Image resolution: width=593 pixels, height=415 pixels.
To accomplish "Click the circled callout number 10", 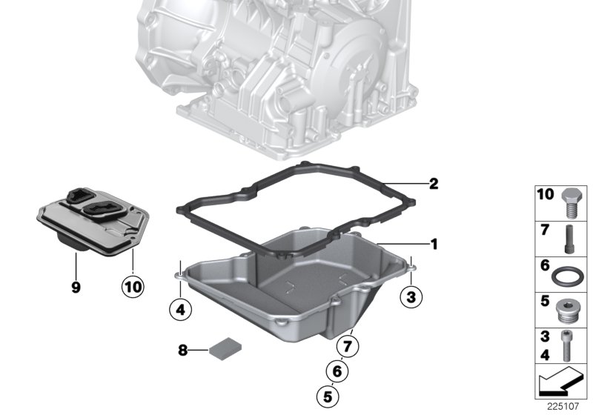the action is coord(133,287).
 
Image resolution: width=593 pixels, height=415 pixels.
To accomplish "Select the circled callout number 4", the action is coord(180,310).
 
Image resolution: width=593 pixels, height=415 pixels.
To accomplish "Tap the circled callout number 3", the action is coord(411,296).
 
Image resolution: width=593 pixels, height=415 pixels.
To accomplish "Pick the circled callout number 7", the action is coord(348,345).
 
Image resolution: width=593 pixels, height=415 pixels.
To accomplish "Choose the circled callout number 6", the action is coord(337,371).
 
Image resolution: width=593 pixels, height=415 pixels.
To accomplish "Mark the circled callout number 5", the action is coord(328,396).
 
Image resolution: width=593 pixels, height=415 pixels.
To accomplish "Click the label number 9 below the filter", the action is coord(76,288).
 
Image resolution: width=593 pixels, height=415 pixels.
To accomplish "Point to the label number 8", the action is coord(182,351).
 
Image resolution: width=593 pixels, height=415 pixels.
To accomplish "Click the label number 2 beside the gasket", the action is coord(434,184).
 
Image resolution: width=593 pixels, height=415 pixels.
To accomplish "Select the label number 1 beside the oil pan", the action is coord(434,244).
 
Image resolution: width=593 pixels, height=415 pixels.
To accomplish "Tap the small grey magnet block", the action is coord(226,348).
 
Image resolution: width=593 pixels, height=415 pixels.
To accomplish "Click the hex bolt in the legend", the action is coord(572,203).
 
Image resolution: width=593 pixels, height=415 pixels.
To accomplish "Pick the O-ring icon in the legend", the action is coord(567,276).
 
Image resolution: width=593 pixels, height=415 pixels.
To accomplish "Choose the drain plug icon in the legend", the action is coord(567,312).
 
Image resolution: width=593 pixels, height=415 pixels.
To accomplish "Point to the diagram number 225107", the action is coord(563,406).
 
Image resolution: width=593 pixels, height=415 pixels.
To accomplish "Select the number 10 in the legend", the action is coord(546,194).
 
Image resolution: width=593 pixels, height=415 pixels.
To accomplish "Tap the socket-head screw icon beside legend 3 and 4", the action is coord(566,346).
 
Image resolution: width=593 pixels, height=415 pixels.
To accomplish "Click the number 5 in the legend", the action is coord(545,301).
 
